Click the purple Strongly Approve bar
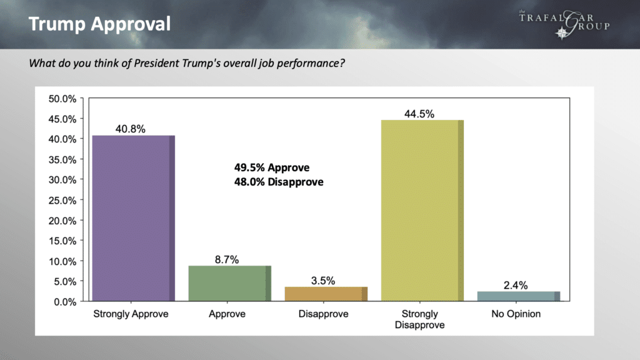pos(133,218)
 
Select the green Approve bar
pos(229,284)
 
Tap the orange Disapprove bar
pos(326,294)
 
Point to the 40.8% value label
pos(131,129)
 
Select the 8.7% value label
pos(227,259)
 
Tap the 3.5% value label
pos(323,281)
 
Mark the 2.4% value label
pos(516,285)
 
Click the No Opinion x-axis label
pos(516,314)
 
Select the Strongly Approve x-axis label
pos(131,314)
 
